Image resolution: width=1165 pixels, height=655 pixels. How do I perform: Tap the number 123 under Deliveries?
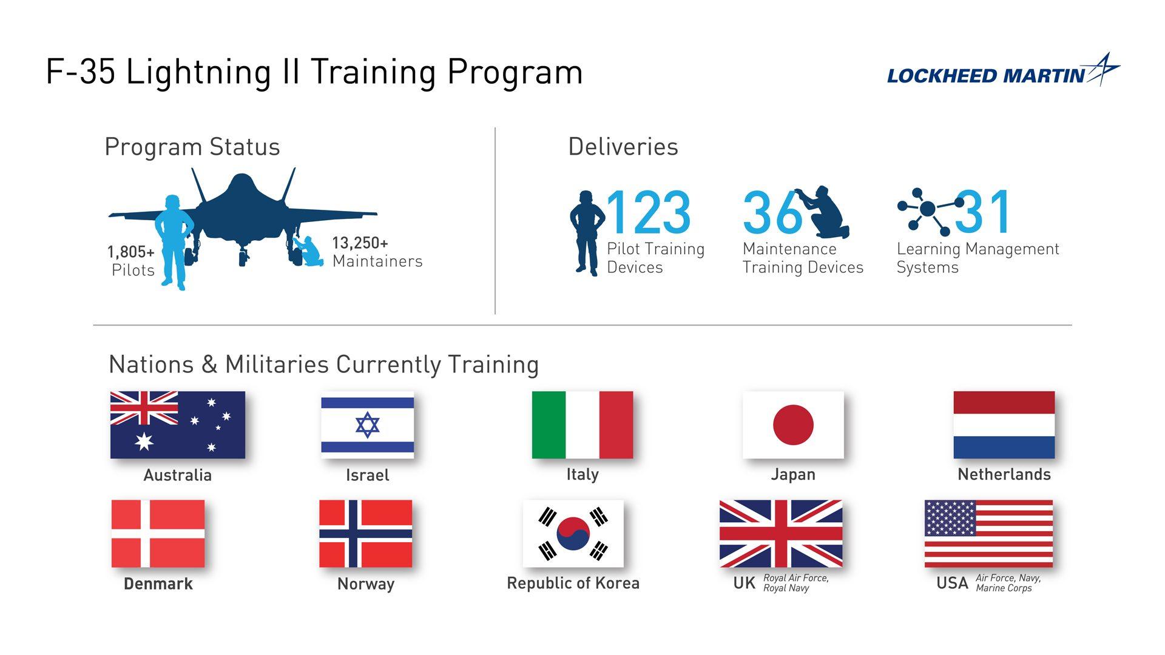[648, 212]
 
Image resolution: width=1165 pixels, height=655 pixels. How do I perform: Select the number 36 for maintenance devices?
[772, 212]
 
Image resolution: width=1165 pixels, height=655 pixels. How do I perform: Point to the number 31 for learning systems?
[983, 212]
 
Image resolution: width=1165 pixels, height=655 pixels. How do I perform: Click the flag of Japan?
[793, 425]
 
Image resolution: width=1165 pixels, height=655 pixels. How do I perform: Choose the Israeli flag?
[367, 425]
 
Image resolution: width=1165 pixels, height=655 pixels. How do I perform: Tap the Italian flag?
[582, 425]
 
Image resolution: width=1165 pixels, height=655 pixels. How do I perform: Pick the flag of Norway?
[365, 534]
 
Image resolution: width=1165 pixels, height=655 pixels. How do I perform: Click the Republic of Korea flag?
[573, 534]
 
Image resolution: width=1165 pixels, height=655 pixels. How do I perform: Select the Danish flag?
[158, 534]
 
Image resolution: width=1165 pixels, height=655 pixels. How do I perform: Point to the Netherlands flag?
[1004, 425]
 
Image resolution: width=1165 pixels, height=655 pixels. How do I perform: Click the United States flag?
[988, 534]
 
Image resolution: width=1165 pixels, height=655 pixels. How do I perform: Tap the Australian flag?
[177, 425]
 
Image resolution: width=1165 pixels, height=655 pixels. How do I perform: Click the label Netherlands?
[1004, 474]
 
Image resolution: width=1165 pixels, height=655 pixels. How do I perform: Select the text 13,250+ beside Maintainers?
[360, 243]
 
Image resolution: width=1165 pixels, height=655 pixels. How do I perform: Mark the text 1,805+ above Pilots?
[131, 252]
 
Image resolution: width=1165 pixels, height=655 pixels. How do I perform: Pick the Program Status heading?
[192, 147]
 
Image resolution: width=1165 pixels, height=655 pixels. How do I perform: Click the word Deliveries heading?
[623, 147]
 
